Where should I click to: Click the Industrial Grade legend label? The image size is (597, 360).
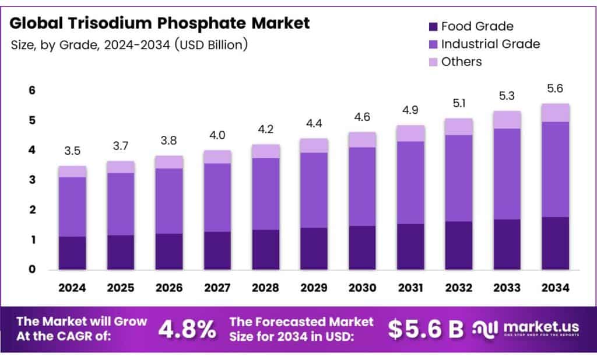[490, 44]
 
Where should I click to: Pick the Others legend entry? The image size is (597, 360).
[462, 61]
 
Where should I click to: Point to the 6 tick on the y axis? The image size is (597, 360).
[33, 90]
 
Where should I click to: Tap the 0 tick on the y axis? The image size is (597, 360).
[33, 270]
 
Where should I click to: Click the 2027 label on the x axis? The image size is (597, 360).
[217, 288]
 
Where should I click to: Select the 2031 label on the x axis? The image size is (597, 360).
[411, 288]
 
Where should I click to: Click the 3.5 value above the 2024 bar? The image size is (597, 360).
[72, 151]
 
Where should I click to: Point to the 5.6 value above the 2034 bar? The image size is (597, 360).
[555, 89]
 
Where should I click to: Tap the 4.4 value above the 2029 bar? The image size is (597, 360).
[314, 124]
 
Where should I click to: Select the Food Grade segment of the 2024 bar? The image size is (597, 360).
[72, 253]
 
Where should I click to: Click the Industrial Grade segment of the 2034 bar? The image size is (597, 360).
[555, 169]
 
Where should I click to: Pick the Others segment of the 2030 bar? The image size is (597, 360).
[363, 139]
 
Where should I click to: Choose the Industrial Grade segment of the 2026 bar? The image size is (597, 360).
[169, 201]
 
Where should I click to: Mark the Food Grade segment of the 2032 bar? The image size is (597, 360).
[459, 245]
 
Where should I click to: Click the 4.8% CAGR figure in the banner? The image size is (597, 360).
[187, 329]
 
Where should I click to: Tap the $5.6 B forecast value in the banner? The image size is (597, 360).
[426, 329]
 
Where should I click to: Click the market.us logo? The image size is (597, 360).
[528, 329]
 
